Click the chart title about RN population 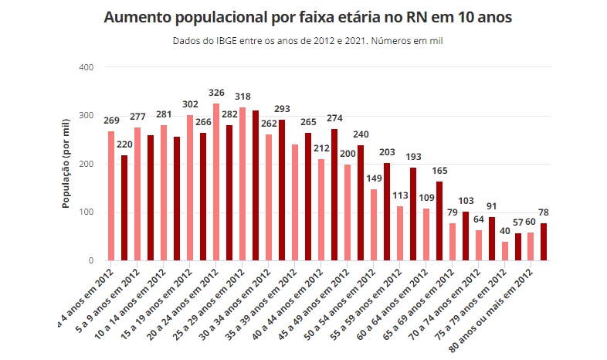(x=307, y=17)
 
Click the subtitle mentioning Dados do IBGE (x=307, y=40)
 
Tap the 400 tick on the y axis (x=86, y=68)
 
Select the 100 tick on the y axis (x=86, y=212)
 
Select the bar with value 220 (x=124, y=208)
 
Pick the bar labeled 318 (x=242, y=184)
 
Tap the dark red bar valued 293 (x=282, y=190)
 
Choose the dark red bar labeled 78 (x=544, y=242)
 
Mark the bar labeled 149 (x=374, y=225)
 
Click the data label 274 (x=334, y=119)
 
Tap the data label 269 (x=111, y=121)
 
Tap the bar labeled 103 (x=466, y=236)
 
